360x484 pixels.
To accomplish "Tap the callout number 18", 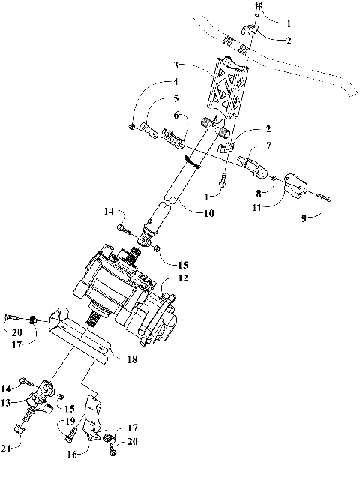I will click(131, 360).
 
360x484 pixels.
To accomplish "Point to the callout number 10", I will click(207, 213).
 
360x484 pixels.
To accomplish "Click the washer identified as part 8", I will click(274, 179).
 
